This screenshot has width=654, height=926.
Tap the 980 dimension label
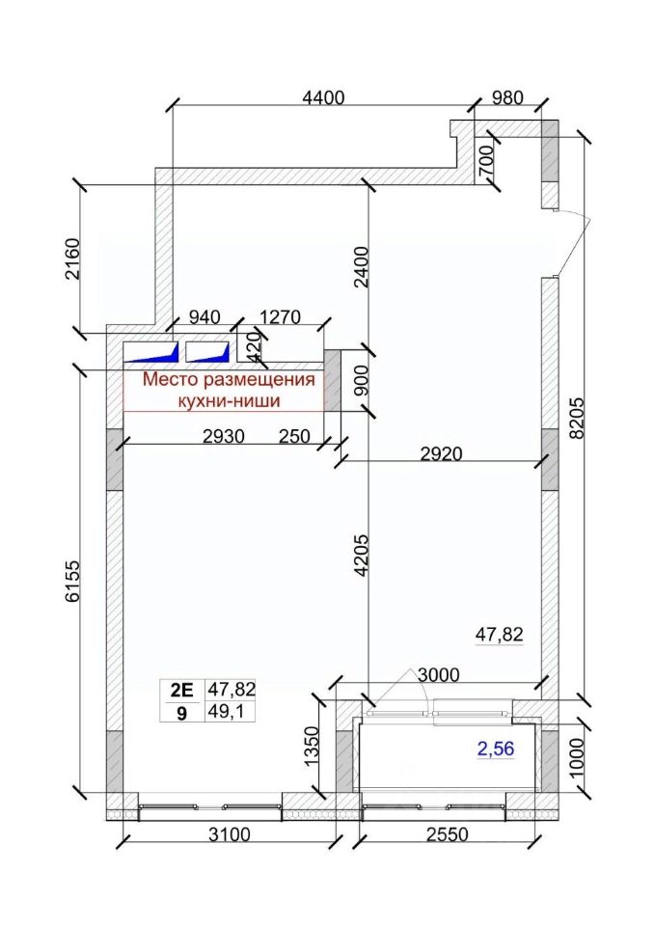pos(507,97)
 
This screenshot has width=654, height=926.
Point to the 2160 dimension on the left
pos(71,259)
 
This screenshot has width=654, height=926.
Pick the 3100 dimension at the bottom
pos(229,833)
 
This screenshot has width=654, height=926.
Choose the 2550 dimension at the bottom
pos(447,833)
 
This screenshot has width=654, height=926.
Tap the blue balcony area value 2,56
pos(496,749)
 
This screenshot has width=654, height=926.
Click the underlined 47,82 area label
pos(500,635)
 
